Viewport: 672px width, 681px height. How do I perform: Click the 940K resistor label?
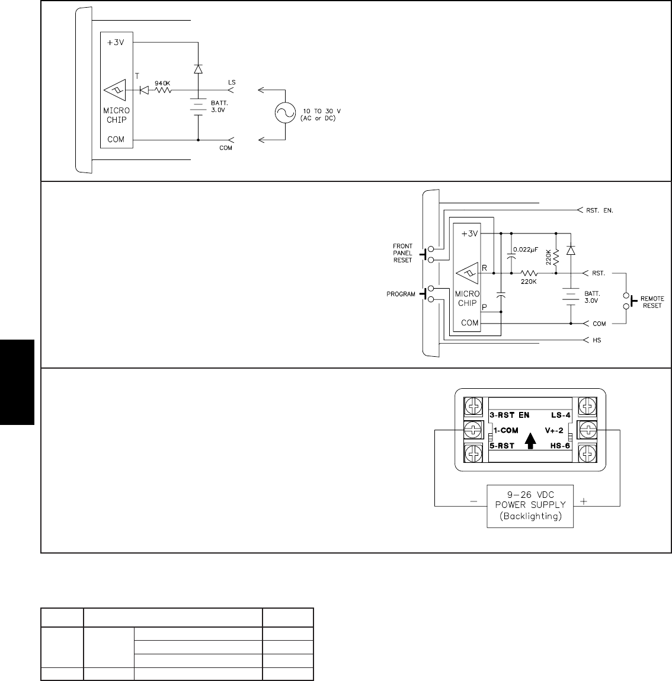click(162, 83)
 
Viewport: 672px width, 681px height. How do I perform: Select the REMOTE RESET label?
click(652, 302)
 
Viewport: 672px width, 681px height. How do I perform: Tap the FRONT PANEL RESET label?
click(402, 253)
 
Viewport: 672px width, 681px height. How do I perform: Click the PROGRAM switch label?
click(401, 294)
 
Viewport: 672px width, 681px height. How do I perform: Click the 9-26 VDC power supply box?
click(530, 505)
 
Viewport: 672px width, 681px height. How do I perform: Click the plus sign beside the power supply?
click(584, 501)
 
